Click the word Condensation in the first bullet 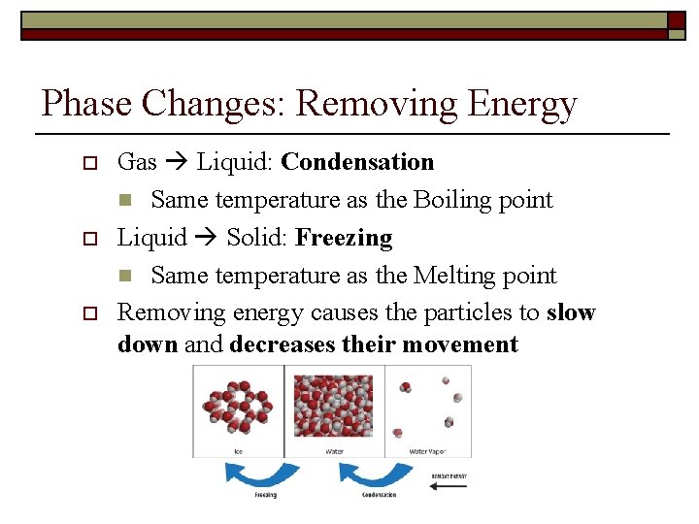pos(357,162)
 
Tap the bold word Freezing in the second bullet pos(344,238)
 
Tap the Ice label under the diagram pos(238,451)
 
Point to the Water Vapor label pos(428,451)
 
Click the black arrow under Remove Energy pos(448,486)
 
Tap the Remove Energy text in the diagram pos(448,475)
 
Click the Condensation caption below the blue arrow pos(378,495)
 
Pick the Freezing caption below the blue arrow pos(265,495)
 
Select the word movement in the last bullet pos(459,344)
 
